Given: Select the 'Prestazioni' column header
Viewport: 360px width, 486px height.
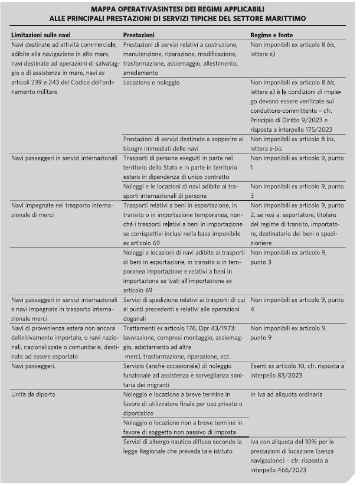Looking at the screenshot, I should click(x=139, y=35).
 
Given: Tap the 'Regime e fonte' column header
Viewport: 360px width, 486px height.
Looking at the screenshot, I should click(x=271, y=35).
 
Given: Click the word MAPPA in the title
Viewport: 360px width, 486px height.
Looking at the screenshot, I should click(x=107, y=10).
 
